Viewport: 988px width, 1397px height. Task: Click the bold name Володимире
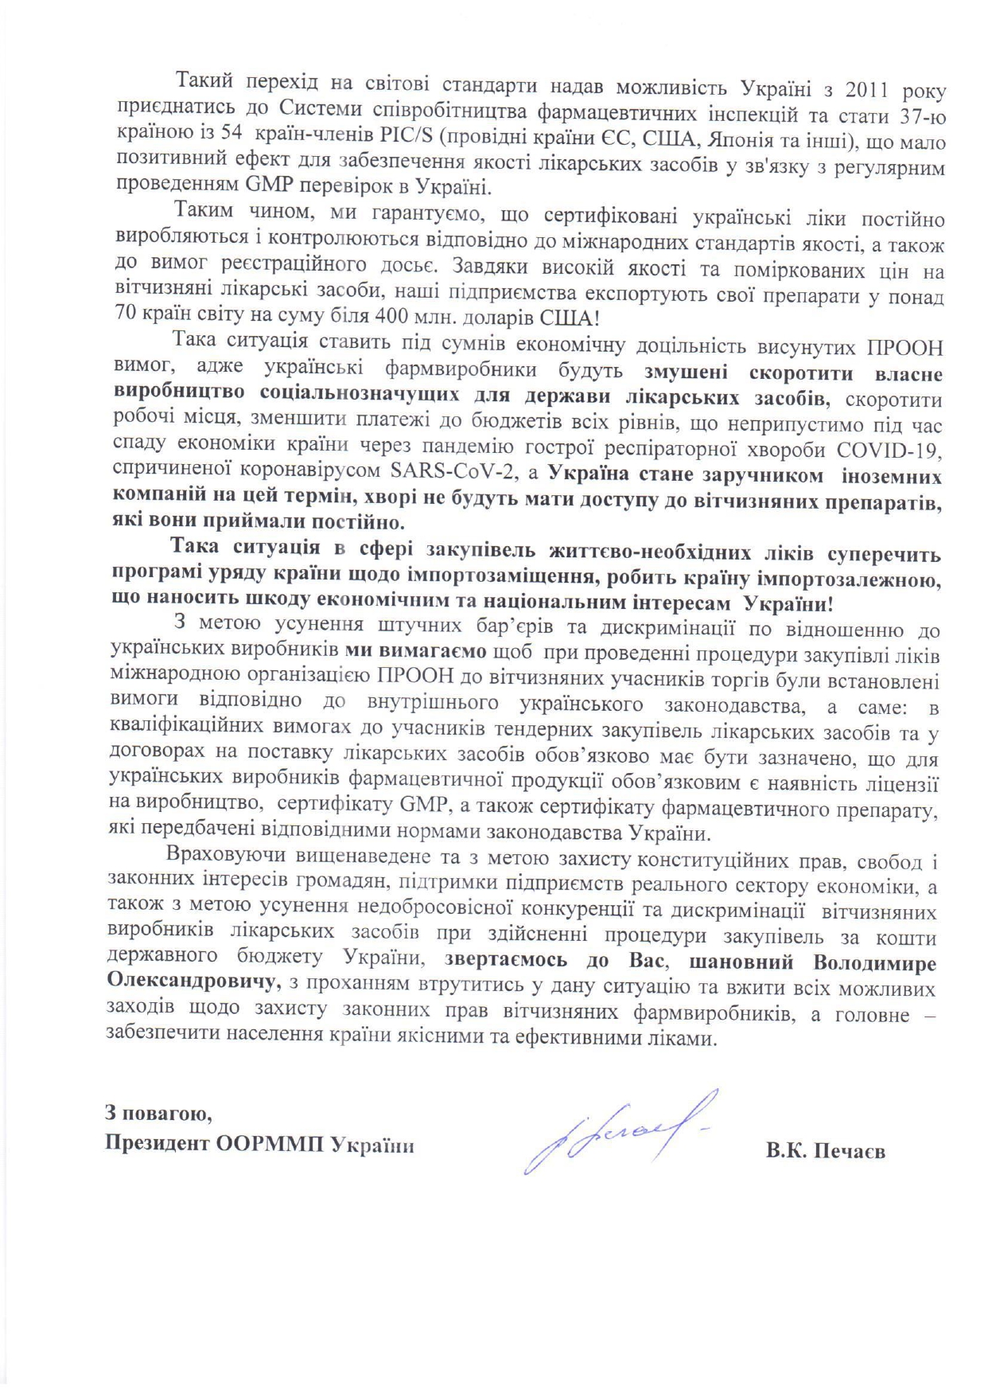874,962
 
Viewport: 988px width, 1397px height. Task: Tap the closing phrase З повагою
159,1112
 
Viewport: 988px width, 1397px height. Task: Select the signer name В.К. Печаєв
826,1152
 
